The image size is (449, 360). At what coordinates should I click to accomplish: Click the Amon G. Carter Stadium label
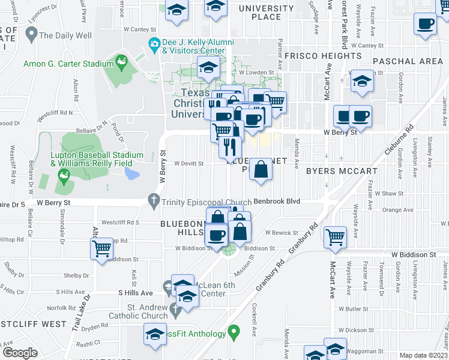pyautogui.click(x=68, y=64)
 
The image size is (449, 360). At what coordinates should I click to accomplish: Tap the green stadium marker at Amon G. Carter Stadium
pyautogui.click(x=122, y=61)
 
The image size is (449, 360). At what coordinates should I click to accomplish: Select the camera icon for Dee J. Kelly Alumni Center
pyautogui.click(x=154, y=43)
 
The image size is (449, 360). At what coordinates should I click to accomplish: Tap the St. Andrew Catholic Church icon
pyautogui.click(x=175, y=310)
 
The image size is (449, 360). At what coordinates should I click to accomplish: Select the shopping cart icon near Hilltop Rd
pyautogui.click(x=101, y=247)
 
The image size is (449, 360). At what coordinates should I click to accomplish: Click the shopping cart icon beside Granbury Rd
pyautogui.click(x=335, y=235)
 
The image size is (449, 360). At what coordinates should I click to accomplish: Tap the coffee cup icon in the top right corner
pyautogui.click(x=426, y=24)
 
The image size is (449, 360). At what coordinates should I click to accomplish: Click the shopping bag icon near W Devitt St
pyautogui.click(x=261, y=169)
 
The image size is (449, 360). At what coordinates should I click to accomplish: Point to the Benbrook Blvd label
pyautogui.click(x=276, y=202)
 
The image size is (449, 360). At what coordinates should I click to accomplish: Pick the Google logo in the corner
pyautogui.click(x=20, y=352)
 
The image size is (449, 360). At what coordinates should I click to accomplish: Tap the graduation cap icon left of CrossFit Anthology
pyautogui.click(x=155, y=334)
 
